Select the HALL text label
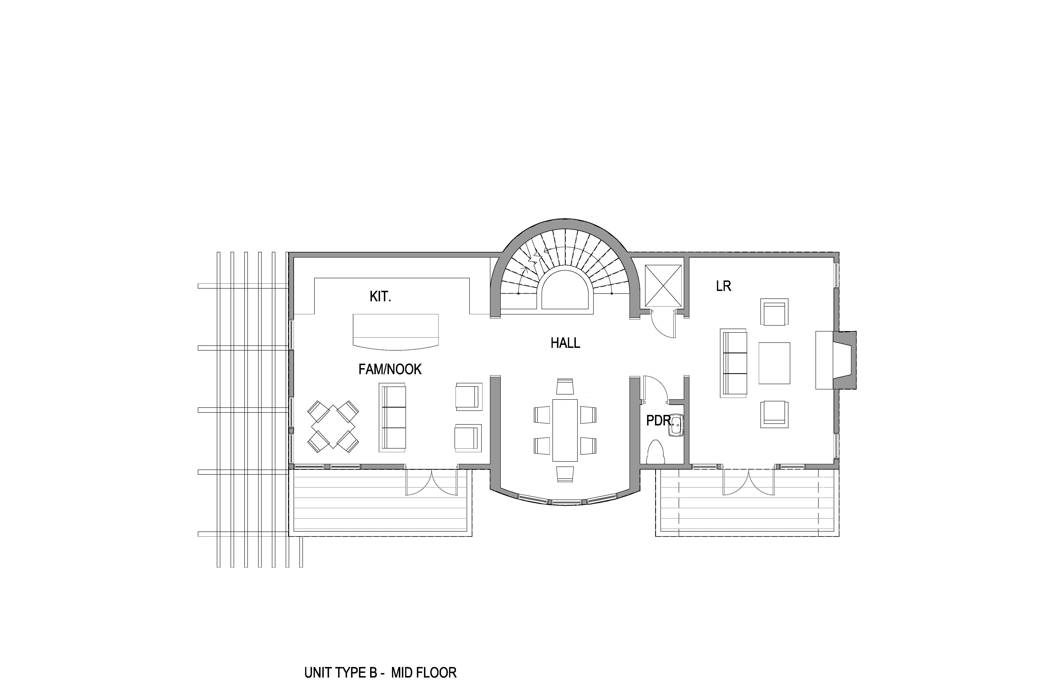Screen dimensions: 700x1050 pyautogui.click(x=565, y=343)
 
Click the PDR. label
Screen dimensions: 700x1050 pyautogui.click(x=658, y=421)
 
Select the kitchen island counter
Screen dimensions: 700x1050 pyautogui.click(x=396, y=332)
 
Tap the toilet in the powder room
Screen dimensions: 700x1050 pyautogui.click(x=655, y=452)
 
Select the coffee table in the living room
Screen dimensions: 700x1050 pyautogui.click(x=774, y=363)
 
